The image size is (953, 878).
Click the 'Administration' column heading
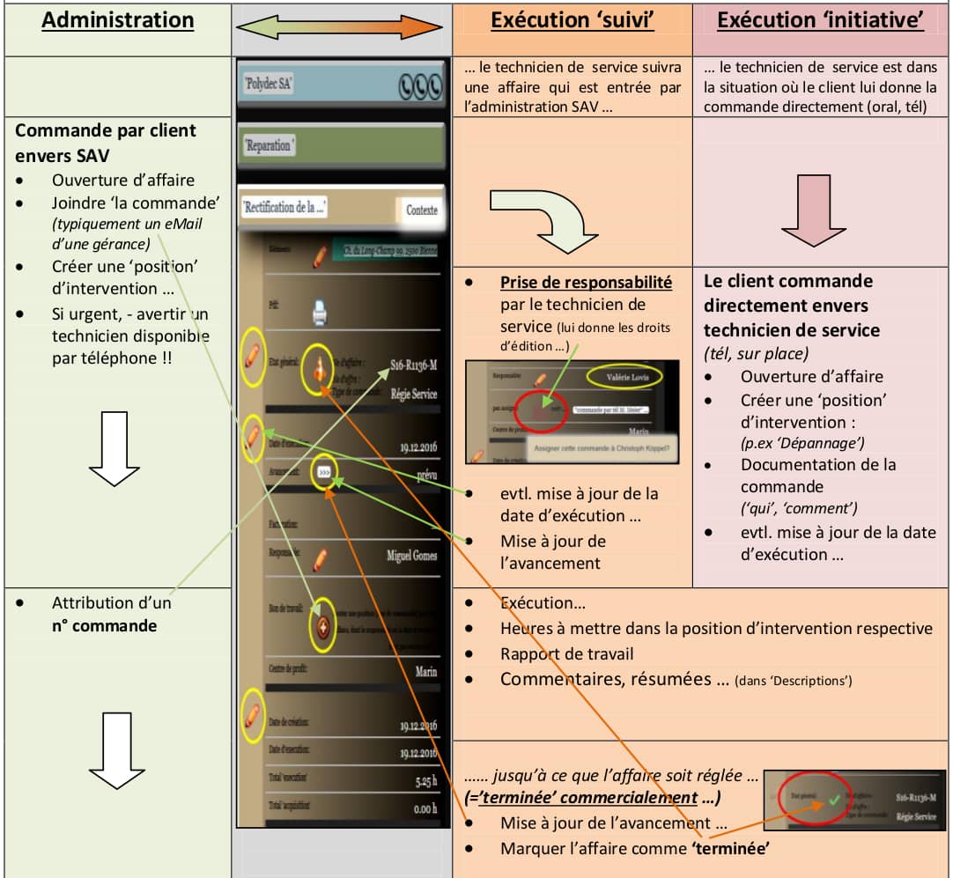point(118,20)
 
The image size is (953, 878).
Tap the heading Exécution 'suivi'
point(572,20)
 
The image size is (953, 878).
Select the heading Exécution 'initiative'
point(820,20)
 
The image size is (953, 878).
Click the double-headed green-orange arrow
point(342,29)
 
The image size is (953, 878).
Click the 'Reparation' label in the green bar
point(269,145)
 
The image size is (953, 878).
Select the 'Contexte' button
point(421,210)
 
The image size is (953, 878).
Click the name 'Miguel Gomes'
point(411,556)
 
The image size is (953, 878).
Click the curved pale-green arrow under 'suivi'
point(542,218)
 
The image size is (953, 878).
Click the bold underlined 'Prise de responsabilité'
point(586,282)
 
